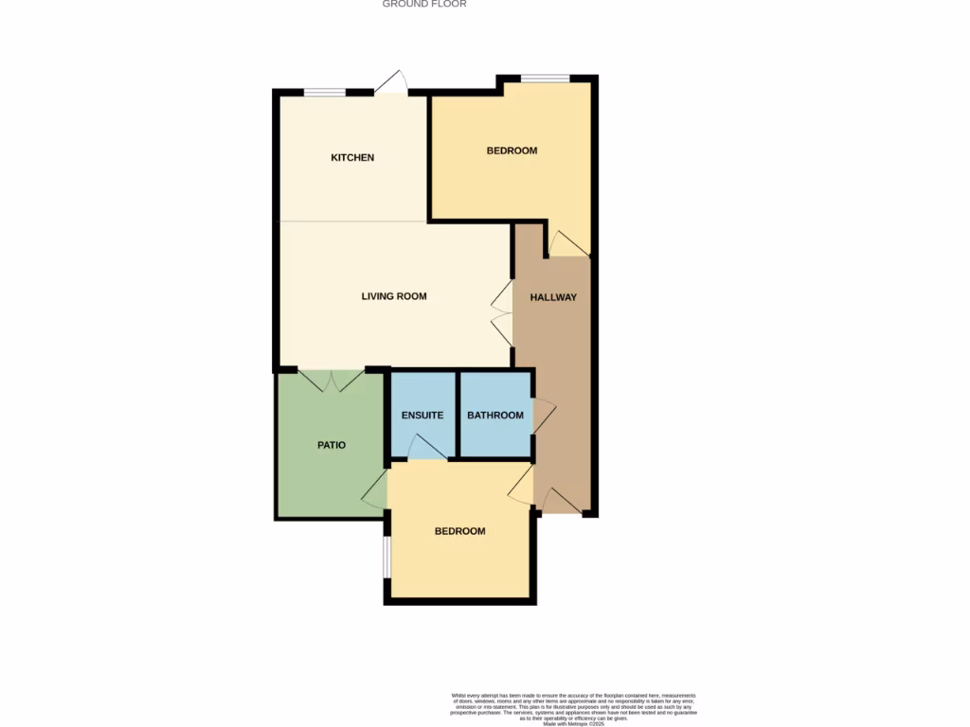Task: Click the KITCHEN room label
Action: coord(352,157)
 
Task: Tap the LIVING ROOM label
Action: coord(394,296)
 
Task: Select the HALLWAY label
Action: coord(553,297)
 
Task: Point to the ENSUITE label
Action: coord(422,416)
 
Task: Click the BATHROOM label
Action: coord(495,416)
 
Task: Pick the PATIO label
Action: coord(331,444)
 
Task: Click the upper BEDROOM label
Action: coord(512,151)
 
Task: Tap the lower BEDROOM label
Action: coord(459,531)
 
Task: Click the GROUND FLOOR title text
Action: coord(424,4)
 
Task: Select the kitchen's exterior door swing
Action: coord(392,83)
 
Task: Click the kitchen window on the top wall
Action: coord(325,92)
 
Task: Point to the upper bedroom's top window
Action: coord(545,79)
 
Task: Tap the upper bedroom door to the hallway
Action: coord(568,243)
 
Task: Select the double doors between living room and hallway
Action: coord(501,314)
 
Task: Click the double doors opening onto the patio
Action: coord(331,381)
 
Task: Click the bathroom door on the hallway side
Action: coord(544,417)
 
